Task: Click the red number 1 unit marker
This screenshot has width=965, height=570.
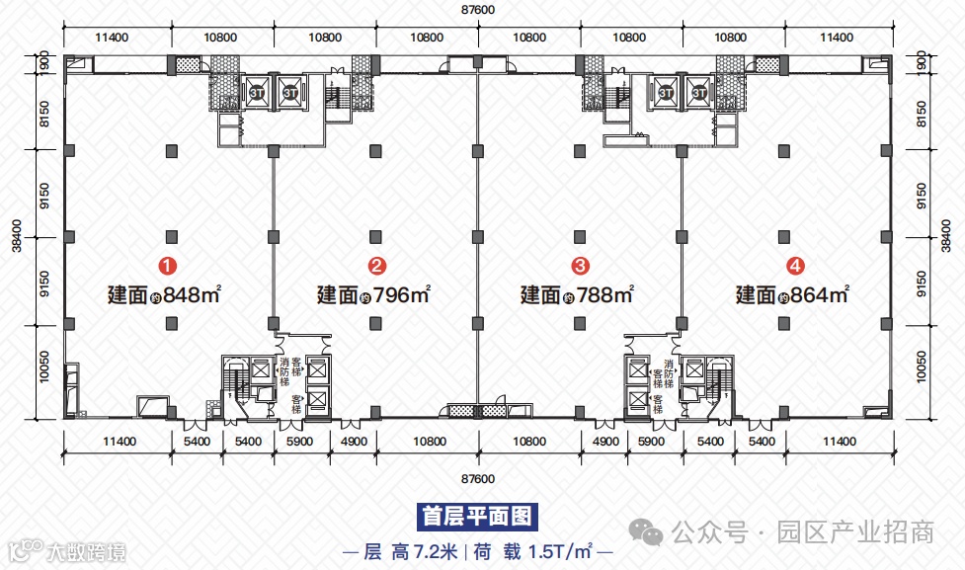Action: click(x=170, y=265)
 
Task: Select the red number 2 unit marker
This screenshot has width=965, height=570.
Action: click(x=376, y=265)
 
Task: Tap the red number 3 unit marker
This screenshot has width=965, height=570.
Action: click(x=581, y=265)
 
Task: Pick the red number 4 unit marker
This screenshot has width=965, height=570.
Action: click(x=794, y=265)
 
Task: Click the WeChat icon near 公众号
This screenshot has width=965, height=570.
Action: click(x=651, y=533)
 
